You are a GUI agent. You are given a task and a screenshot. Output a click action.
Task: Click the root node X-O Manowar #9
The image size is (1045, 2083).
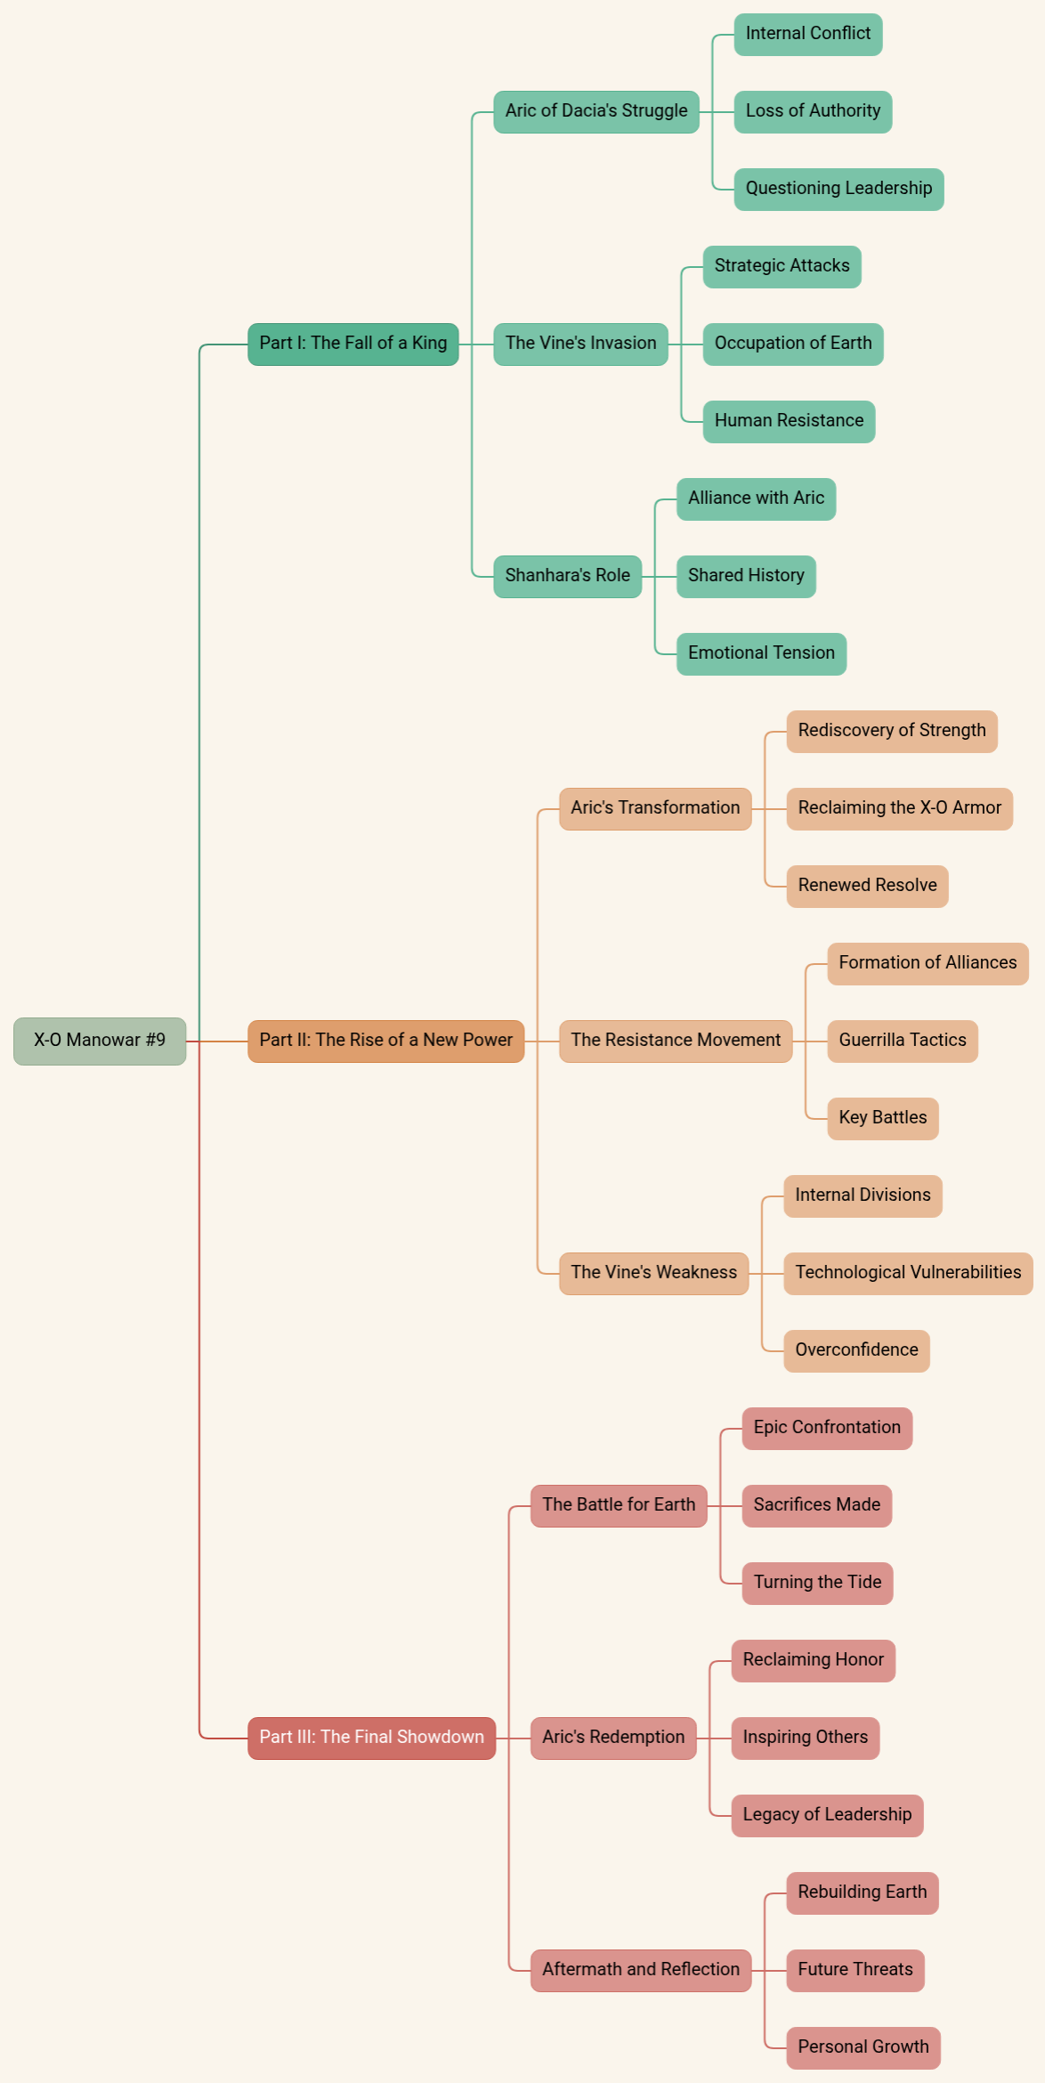pos(100,1041)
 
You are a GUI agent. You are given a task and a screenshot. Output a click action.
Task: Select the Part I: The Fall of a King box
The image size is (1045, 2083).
pos(352,344)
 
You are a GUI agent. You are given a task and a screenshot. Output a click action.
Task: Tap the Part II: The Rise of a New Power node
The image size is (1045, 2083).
pos(385,1041)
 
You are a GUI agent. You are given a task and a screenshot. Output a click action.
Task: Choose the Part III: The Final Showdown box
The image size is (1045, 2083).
pos(371,1738)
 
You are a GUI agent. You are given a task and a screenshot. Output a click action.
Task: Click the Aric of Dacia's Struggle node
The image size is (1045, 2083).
pos(595,111)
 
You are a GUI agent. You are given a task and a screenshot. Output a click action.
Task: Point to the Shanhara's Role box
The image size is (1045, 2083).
pos(567,576)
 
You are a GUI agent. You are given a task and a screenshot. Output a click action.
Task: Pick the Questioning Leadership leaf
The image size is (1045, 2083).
pos(838,189)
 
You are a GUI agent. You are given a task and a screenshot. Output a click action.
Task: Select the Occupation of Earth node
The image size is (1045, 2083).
pos(792,344)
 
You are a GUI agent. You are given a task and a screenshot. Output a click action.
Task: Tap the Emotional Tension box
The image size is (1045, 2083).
pos(761,653)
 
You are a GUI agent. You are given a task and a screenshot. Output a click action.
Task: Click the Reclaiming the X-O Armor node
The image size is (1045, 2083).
pos(899,808)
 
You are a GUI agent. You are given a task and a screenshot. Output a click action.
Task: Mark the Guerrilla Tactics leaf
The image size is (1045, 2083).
pos(902,1041)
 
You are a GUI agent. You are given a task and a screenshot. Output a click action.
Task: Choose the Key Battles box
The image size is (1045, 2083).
pos(882,1118)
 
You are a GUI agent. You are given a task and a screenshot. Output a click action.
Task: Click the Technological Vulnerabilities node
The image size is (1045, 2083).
pos(907,1273)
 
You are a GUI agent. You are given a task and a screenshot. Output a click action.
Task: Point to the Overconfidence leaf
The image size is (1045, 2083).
pos(856,1350)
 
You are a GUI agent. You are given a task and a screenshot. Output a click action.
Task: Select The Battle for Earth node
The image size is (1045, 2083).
pos(619,1505)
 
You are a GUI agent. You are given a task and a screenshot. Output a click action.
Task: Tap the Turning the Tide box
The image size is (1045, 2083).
pos(817,1583)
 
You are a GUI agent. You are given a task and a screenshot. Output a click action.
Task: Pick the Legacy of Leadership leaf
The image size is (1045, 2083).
pos(827,1815)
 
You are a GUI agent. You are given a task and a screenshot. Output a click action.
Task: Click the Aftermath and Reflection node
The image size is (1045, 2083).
pos(641,1970)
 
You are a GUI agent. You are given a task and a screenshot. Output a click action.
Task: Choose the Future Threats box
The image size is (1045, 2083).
pos(855,1970)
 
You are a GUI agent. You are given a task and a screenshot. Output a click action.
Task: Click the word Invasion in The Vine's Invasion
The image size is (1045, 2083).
pos(621,344)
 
